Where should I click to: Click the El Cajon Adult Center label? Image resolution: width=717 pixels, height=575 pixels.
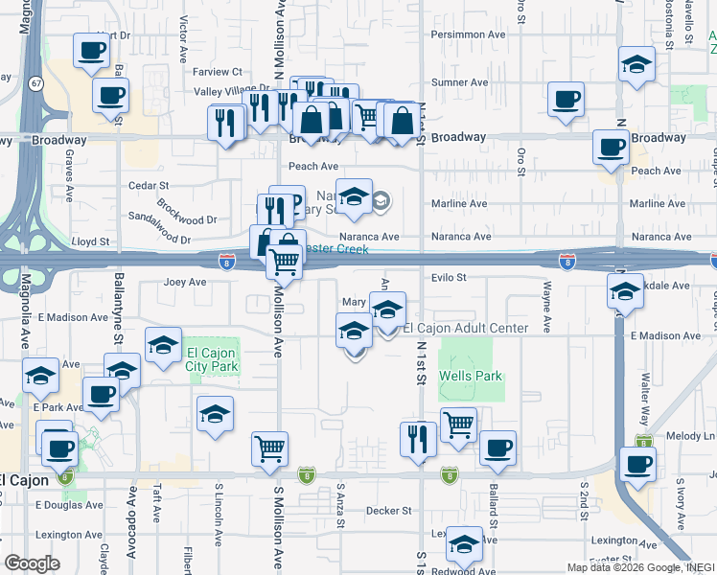pos(465,329)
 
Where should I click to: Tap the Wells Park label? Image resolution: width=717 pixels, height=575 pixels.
pos(471,377)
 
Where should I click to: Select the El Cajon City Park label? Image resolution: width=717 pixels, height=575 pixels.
pos(211,359)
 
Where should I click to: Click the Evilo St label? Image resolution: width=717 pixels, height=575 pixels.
pos(448,278)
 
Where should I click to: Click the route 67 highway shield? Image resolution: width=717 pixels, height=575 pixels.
pos(35,83)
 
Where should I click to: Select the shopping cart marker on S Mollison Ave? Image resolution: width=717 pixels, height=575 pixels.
pos(270,447)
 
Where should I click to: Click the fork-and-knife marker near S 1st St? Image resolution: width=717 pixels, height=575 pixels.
pos(418,439)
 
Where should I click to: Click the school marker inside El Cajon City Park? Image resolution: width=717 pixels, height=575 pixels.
pos(164,345)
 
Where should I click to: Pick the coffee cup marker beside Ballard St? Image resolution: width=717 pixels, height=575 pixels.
pos(497,448)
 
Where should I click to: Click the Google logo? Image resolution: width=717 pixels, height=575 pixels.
pos(32,563)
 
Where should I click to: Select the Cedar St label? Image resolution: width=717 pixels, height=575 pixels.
pos(150,185)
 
